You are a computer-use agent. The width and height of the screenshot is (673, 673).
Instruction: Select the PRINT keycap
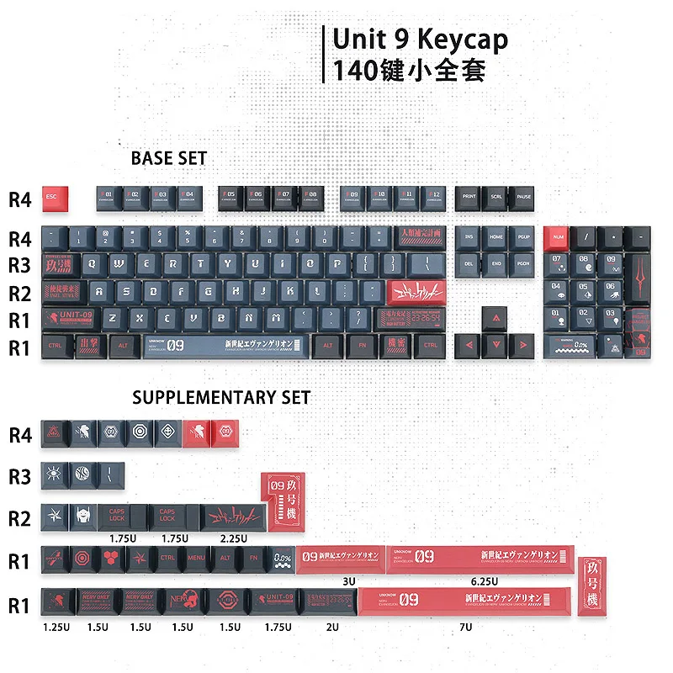click(x=469, y=199)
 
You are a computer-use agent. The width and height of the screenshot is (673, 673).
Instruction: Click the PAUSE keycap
click(x=522, y=199)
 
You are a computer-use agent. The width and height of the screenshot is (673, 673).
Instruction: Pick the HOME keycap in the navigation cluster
click(x=495, y=238)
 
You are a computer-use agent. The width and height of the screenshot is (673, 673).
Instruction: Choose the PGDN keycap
click(x=522, y=264)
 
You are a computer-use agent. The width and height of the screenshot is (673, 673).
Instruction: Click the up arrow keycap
click(x=495, y=318)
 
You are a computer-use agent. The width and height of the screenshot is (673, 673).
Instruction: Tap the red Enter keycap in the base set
click(x=416, y=292)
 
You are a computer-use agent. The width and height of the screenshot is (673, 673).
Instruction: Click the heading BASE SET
click(x=168, y=158)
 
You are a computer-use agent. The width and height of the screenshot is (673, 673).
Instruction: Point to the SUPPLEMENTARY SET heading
click(x=221, y=397)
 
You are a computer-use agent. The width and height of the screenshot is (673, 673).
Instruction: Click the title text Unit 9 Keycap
click(x=420, y=40)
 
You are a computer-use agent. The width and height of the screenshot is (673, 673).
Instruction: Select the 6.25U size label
click(x=485, y=580)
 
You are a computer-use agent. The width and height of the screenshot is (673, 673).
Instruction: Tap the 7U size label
click(x=465, y=627)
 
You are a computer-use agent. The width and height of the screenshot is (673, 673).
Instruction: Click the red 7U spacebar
click(x=465, y=601)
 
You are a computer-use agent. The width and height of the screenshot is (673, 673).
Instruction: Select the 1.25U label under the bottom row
click(x=56, y=627)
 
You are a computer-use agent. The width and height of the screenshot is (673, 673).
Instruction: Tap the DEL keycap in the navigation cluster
click(x=469, y=264)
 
